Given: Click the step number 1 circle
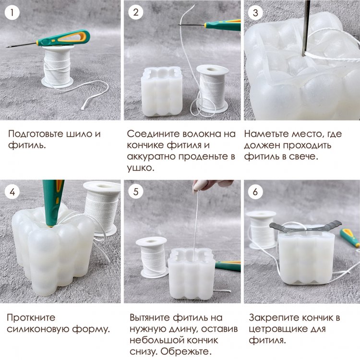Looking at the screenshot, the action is [x=12, y=12].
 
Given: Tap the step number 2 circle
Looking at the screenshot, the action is [x=136, y=12].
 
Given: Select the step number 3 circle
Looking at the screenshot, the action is [x=255, y=12].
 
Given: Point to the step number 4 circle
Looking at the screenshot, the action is [x=12, y=192].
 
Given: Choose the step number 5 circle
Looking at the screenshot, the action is [x=136, y=192].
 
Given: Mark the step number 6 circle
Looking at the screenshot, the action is [x=255, y=192].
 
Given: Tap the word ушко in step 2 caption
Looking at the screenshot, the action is [x=140, y=168].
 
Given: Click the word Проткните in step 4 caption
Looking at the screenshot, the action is [x=31, y=318].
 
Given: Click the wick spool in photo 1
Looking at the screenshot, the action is [x=57, y=66].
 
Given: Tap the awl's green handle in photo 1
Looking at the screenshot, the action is [x=63, y=38].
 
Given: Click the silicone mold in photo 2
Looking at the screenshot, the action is [x=162, y=91].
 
